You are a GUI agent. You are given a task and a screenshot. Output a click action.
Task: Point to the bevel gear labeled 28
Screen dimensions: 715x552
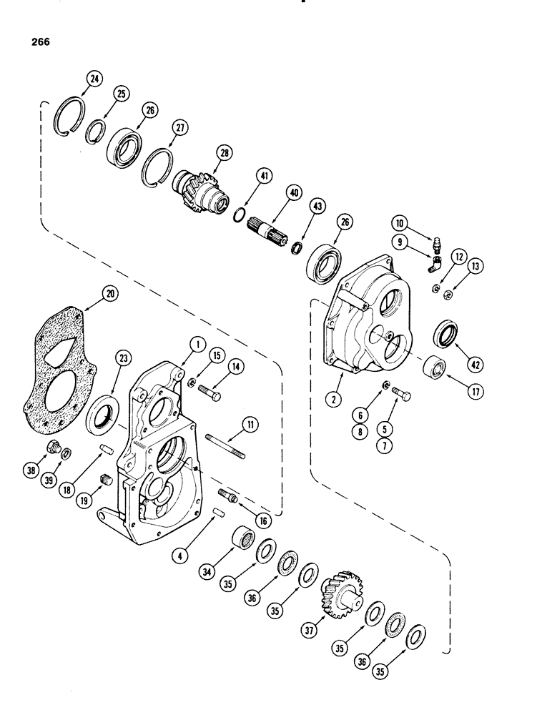click(196, 188)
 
